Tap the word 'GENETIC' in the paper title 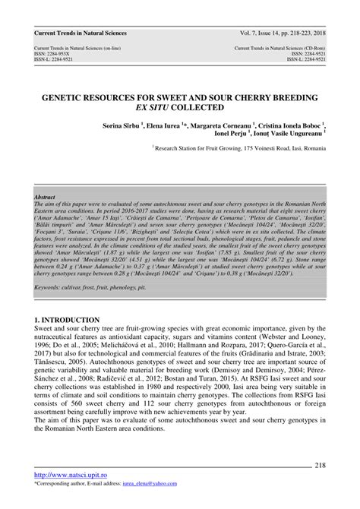point(71,99)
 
